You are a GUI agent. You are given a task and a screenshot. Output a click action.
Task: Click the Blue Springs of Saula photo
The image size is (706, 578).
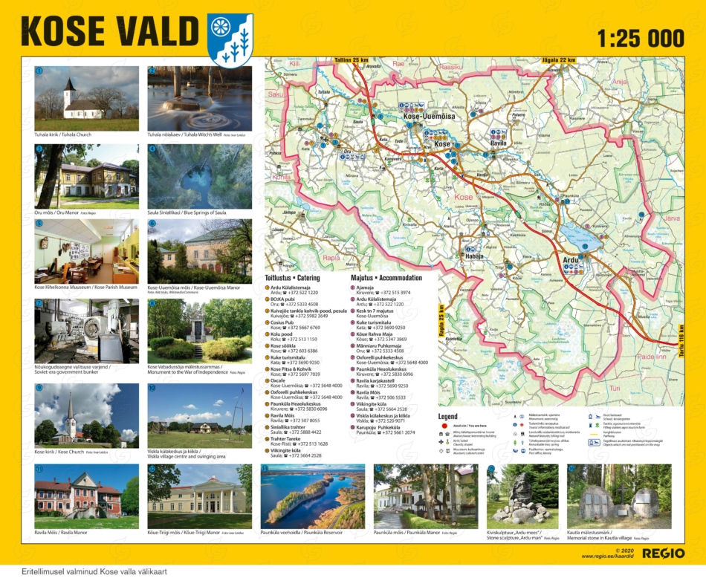199,176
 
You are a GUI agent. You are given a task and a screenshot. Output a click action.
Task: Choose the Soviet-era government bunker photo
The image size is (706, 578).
86,331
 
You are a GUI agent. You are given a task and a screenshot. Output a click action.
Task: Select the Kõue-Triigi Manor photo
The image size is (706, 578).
199,496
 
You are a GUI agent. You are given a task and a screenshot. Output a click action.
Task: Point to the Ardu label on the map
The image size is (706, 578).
571,260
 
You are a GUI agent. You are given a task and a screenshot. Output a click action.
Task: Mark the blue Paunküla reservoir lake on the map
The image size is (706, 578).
583,238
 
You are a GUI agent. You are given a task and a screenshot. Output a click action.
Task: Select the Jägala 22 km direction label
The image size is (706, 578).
559,60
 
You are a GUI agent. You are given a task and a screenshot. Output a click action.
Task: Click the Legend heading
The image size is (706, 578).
448,417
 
